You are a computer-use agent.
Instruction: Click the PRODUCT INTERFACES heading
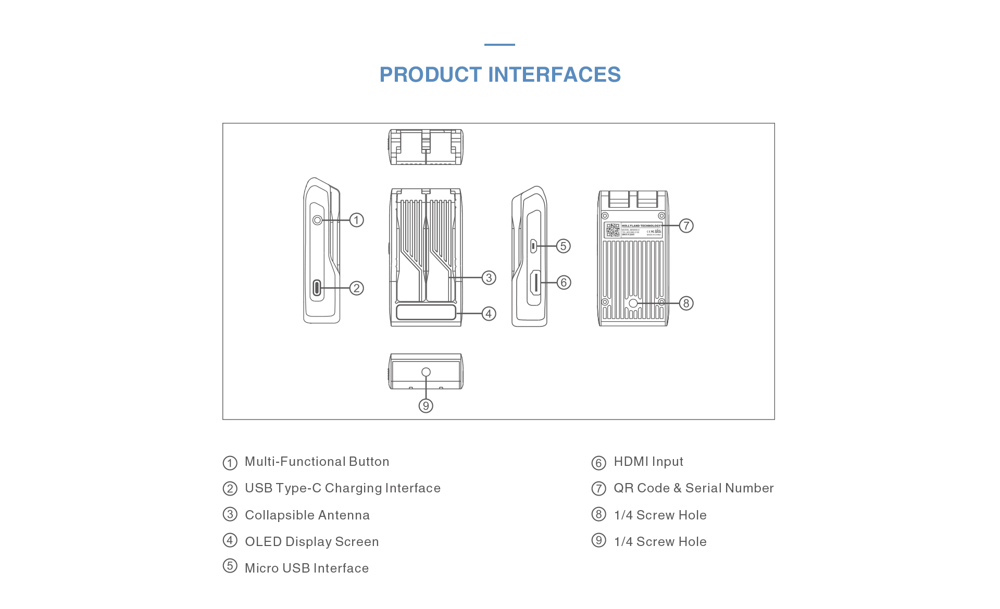click(500, 75)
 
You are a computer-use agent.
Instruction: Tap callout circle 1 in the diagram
click(356, 220)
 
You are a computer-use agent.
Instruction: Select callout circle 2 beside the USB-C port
click(356, 288)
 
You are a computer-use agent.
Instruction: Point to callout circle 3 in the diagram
click(489, 278)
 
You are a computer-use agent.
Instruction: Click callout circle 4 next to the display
click(489, 314)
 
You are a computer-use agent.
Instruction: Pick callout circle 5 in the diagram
click(563, 246)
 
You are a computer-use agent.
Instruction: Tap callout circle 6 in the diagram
click(564, 283)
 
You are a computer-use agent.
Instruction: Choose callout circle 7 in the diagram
click(686, 226)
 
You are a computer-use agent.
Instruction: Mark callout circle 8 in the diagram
click(686, 303)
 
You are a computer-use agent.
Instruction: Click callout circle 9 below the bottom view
click(426, 406)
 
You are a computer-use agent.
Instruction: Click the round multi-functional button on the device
click(317, 220)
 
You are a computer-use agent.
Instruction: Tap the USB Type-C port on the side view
click(317, 287)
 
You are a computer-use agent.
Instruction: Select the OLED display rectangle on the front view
click(426, 312)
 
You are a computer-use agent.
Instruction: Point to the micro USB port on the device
click(533, 246)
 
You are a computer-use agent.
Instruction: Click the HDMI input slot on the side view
click(535, 283)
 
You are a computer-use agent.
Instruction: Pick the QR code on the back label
click(612, 230)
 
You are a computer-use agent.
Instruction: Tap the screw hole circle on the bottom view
click(426, 372)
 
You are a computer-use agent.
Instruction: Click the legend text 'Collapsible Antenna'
click(307, 515)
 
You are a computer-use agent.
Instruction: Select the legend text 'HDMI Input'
click(648, 462)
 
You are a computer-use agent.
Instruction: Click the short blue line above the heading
click(499, 45)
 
